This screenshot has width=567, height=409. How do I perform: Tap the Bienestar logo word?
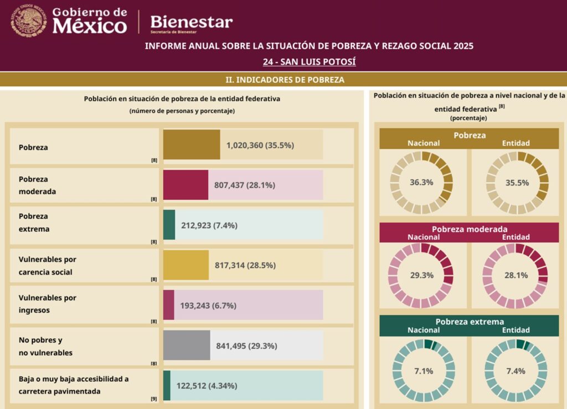click(192, 22)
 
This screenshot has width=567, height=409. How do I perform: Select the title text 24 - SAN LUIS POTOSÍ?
click(309, 61)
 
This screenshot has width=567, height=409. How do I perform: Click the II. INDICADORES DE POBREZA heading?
click(285, 80)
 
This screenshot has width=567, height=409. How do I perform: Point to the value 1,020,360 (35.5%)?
click(260, 146)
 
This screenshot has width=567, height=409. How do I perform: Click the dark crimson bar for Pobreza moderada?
click(185, 184)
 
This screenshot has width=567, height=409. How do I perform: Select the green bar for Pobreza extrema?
click(169, 225)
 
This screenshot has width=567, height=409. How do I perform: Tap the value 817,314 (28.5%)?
click(245, 265)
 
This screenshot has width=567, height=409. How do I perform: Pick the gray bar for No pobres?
click(187, 345)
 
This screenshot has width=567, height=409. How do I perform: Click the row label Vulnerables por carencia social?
click(48, 266)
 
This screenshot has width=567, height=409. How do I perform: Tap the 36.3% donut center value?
click(421, 182)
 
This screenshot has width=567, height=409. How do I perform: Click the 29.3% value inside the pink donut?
click(421, 275)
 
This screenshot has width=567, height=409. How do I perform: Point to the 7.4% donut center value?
click(516, 370)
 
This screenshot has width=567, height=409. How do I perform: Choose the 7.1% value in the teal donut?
click(421, 370)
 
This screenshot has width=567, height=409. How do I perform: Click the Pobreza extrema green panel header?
click(469, 322)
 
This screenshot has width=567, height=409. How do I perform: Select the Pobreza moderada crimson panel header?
click(469, 229)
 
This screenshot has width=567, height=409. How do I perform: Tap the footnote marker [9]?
click(154, 398)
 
